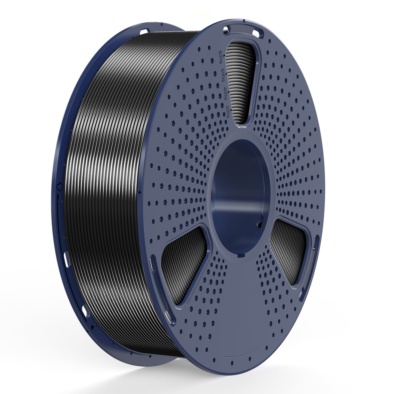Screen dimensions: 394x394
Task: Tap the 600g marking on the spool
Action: coord(223,75)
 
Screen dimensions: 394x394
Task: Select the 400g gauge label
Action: coord(225,94)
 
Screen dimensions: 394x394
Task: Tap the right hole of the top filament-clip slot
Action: coord(255,33)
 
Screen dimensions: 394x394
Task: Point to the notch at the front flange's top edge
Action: coord(243,21)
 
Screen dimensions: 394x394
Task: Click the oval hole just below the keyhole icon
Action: coord(66,260)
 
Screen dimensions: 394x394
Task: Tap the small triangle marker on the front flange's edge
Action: coord(140,192)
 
